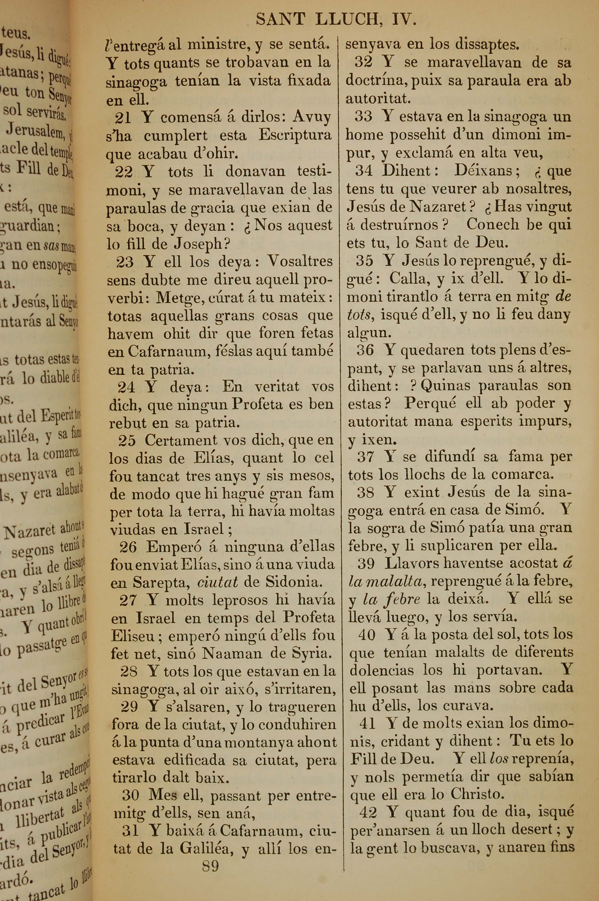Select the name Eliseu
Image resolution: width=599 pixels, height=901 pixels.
[135, 636]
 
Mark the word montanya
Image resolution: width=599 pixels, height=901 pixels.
[264, 743]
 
